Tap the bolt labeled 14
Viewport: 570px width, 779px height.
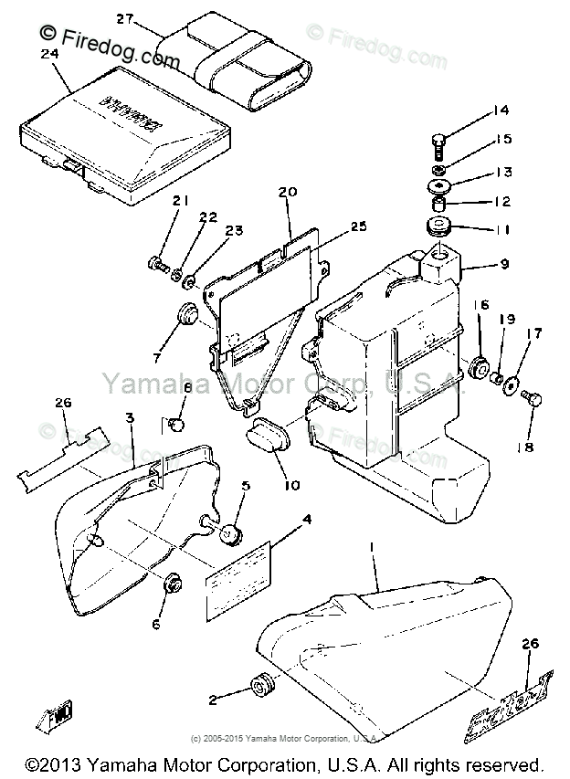[440, 144]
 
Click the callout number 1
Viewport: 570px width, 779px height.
[372, 545]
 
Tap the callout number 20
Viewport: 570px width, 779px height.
[288, 193]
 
